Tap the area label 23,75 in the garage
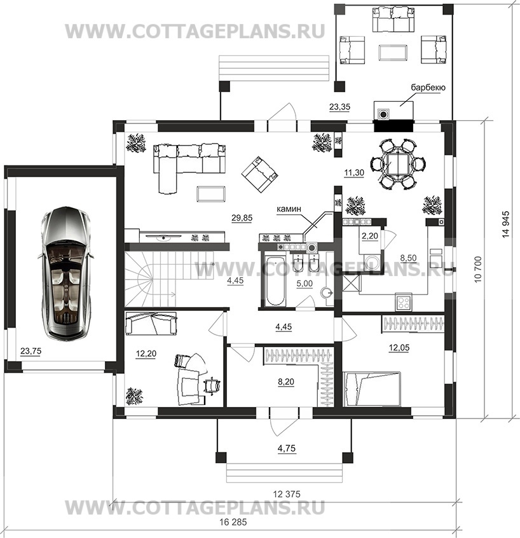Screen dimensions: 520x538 [x=31, y=351]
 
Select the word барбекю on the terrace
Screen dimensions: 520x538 [x=428, y=88]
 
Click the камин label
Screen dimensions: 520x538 [x=289, y=209]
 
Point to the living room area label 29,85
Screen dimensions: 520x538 [x=242, y=217]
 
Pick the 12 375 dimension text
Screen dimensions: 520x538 [x=287, y=494]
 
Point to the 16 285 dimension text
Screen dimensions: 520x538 [x=233, y=523]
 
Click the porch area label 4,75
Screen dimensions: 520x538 [x=287, y=448]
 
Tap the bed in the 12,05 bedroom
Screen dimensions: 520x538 [x=371, y=389]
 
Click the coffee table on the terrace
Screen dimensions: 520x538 [x=393, y=53]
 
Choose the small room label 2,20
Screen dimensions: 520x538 [x=370, y=236]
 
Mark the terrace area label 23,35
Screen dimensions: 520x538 [x=339, y=107]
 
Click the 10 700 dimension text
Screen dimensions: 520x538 [x=478, y=270]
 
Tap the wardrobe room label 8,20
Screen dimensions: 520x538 [x=287, y=382]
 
